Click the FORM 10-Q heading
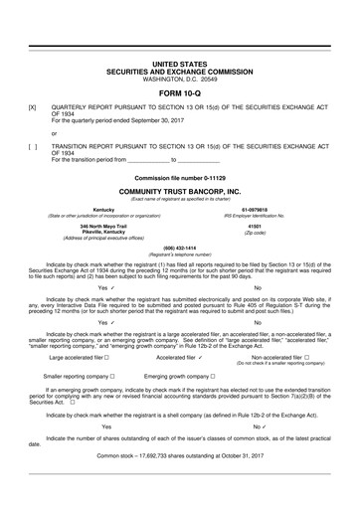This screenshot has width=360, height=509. coord(179,93)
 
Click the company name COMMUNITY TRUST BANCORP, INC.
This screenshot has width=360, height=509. coord(179,189)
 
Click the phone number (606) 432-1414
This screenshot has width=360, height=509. coord(179,248)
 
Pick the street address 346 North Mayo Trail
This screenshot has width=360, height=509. coord(90,226)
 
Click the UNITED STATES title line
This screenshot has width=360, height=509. coord(179,63)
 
